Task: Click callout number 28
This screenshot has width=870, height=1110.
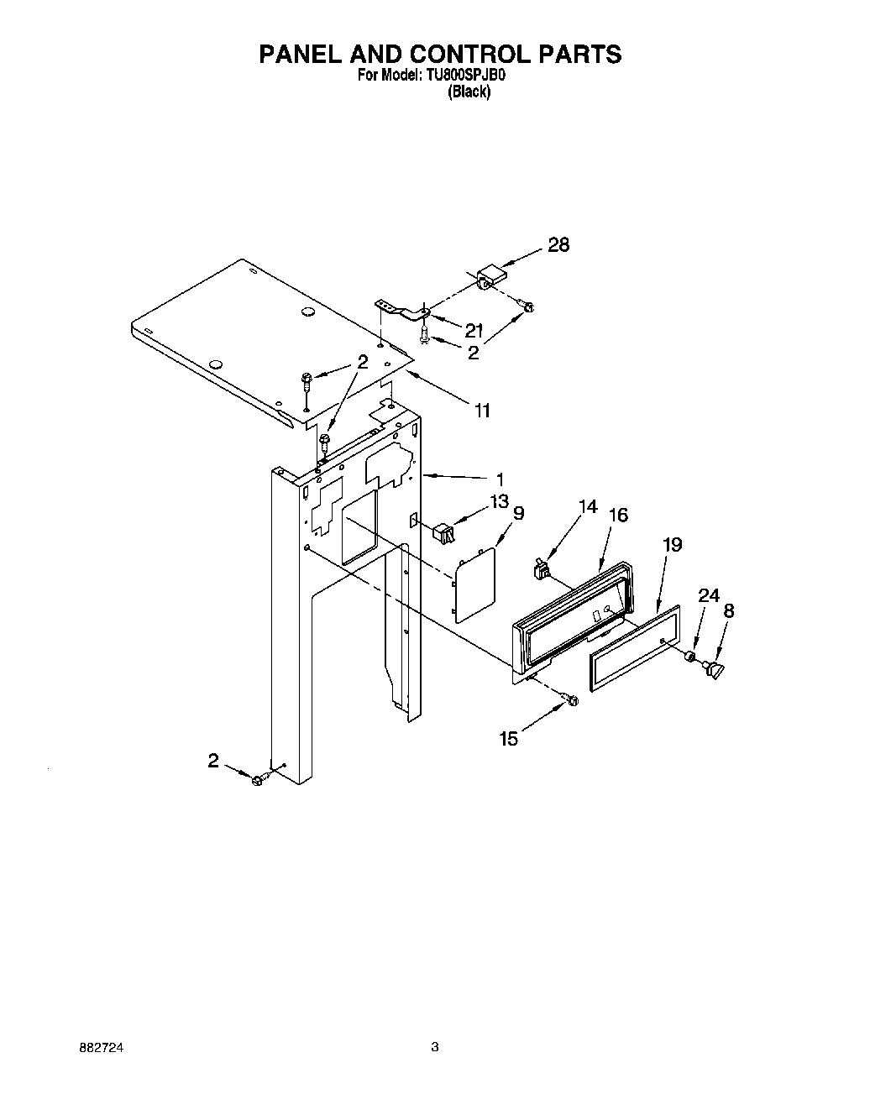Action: point(558,244)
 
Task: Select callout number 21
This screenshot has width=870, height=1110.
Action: point(474,330)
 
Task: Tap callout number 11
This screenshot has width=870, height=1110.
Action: point(481,411)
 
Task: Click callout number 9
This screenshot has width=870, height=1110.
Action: point(518,512)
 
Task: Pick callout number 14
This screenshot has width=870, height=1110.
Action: point(588,506)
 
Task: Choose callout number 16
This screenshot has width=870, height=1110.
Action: point(618,515)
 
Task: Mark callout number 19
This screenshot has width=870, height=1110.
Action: point(672,545)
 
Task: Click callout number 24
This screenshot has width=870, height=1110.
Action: point(709,595)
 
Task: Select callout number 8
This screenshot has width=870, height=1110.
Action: point(728,610)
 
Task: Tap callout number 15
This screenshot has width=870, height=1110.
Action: point(509,739)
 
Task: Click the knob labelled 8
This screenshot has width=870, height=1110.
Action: point(715,669)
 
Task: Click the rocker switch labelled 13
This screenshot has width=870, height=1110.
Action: point(442,532)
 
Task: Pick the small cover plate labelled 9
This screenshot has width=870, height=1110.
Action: point(474,584)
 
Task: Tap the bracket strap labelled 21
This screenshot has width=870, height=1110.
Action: point(402,309)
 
